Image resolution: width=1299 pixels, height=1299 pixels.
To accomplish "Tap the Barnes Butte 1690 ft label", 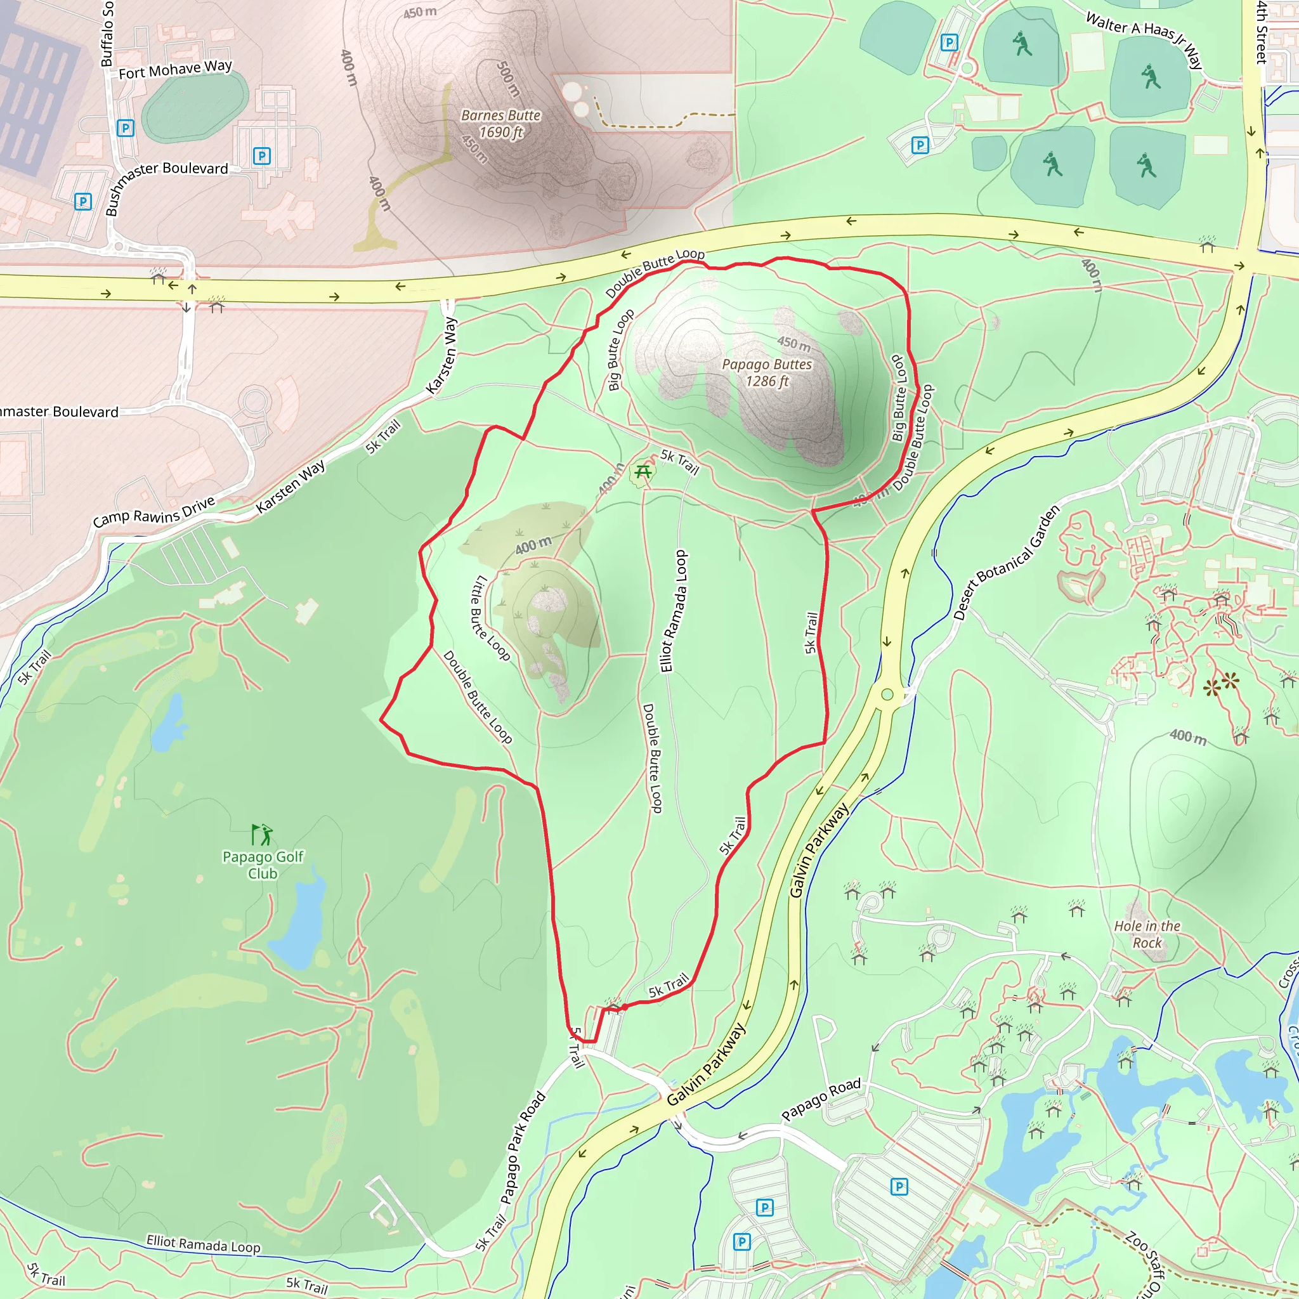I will (501, 124).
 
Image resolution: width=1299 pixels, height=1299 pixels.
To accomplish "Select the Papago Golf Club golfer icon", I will (261, 835).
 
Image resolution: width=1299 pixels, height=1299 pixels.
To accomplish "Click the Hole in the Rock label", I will (1147, 934).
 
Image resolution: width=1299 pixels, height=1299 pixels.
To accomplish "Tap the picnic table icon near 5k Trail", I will (643, 471).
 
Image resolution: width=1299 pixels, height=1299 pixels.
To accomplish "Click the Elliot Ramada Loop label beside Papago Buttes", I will (674, 611).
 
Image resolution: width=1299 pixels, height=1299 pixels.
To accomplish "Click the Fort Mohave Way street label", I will (175, 69).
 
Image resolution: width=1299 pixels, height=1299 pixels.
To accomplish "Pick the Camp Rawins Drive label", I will (154, 512).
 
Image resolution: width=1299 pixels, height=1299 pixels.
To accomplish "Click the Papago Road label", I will (820, 1099).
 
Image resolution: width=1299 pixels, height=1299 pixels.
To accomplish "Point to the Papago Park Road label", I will (523, 1147).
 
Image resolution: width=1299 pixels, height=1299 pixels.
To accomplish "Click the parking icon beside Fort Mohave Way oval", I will (125, 127).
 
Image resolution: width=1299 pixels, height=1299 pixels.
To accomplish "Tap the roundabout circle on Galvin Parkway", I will (887, 694).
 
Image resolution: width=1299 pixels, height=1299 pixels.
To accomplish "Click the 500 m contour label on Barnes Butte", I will (507, 79).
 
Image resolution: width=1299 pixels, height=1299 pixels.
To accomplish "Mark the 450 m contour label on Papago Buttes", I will (793, 344).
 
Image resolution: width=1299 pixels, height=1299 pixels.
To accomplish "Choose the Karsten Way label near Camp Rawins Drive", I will (290, 486).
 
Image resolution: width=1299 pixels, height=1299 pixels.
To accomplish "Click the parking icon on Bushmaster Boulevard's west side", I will (82, 201).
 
